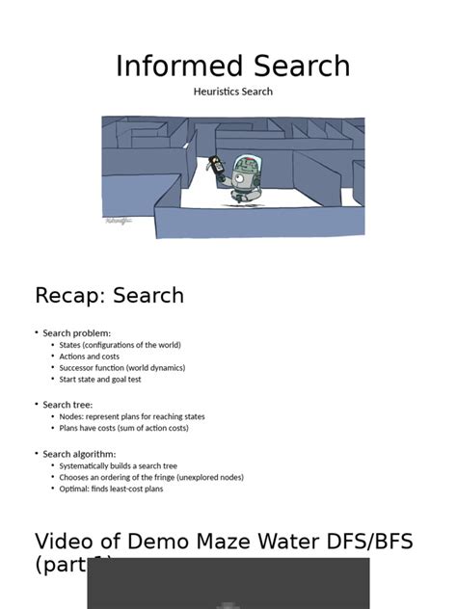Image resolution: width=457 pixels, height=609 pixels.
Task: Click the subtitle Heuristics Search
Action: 233,92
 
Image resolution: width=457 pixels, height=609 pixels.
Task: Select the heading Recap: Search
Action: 109,295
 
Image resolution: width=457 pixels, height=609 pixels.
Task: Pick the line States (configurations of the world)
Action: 120,345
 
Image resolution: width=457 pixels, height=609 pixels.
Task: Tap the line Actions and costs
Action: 90,357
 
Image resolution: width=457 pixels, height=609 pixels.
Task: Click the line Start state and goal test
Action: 100,380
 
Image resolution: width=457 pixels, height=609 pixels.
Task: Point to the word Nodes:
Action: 71,417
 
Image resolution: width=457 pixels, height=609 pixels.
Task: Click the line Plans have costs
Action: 123,428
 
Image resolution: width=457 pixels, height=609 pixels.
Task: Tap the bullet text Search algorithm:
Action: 79,454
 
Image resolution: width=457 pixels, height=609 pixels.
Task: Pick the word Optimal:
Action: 74,489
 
